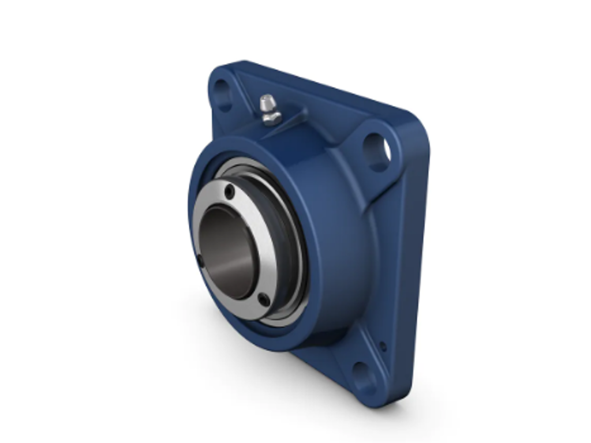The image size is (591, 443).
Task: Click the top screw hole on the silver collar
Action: (x=230, y=193)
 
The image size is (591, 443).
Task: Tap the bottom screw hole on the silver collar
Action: (x=263, y=299)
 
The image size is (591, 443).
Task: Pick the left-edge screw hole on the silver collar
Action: (x=200, y=261)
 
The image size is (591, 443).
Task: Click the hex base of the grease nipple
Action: (x=271, y=119)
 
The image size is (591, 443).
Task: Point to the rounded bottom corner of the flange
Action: (x=375, y=401)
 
